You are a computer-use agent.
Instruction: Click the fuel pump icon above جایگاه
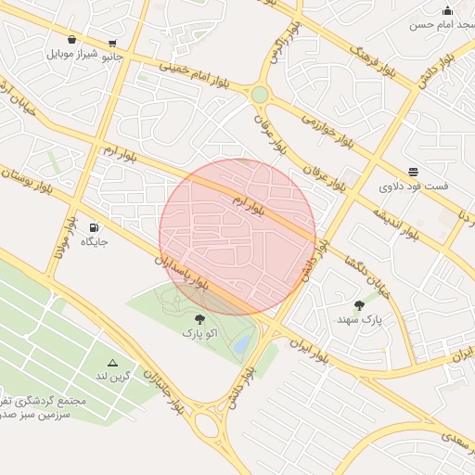tap(94, 227)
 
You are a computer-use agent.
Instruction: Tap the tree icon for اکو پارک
tap(199, 318)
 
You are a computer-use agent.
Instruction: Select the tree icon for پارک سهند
tap(359, 305)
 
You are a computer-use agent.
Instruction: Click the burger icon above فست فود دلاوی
tap(413, 172)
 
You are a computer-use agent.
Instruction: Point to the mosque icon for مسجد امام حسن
tap(447, 10)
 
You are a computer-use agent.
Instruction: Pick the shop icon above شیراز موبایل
tap(71, 39)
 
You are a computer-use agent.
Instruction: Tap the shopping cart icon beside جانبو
tap(113, 43)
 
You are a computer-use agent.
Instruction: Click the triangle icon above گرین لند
tap(113, 363)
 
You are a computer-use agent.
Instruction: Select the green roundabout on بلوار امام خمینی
tap(259, 94)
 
